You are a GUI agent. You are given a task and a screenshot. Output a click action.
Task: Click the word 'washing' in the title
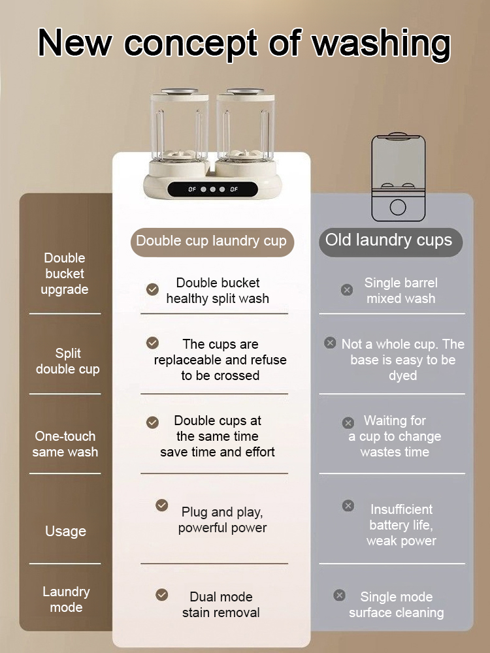(381, 43)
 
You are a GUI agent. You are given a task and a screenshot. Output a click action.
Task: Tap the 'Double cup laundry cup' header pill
(211, 241)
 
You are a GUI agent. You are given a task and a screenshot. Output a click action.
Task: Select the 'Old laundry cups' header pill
(389, 240)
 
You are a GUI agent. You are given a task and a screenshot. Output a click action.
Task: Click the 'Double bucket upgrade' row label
(65, 274)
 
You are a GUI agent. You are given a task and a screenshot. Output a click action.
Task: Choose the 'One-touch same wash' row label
(65, 444)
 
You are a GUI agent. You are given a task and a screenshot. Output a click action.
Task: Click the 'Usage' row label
(65, 532)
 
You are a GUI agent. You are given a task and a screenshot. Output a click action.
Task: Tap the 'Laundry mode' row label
(66, 599)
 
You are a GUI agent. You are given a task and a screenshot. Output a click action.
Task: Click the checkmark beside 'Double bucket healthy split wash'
(152, 289)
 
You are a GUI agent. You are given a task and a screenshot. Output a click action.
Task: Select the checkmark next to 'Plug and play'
(162, 505)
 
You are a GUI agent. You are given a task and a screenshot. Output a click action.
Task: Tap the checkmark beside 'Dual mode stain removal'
(162, 595)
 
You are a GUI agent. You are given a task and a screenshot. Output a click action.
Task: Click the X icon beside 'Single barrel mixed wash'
(347, 289)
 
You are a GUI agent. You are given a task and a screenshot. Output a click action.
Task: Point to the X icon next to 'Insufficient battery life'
(348, 505)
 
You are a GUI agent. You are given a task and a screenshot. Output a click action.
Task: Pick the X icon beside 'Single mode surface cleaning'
(339, 595)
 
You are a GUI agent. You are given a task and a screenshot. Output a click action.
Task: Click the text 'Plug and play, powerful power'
(222, 520)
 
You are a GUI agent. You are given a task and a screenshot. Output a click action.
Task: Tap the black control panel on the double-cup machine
(212, 189)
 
